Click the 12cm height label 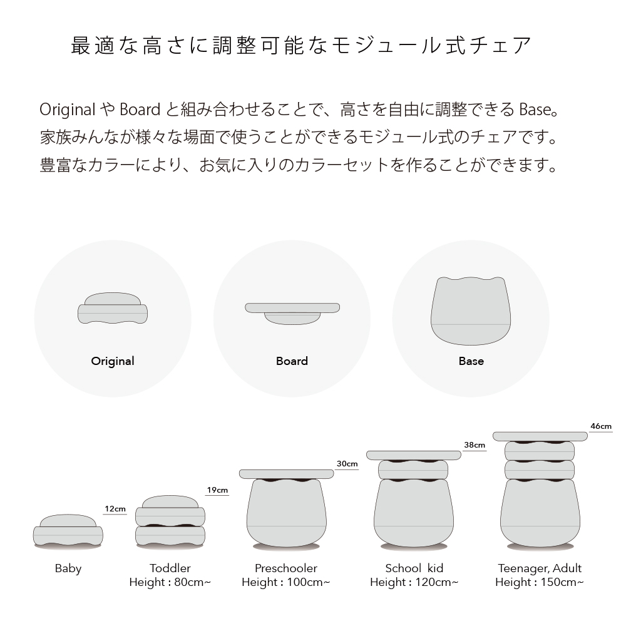coord(115,508)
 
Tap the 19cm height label coord(217,490)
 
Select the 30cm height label coord(347,463)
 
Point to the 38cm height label coord(475,444)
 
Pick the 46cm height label coord(601,426)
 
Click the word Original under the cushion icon coord(113,361)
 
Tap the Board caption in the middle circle coord(292,361)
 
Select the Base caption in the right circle coord(471,361)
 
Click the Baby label coord(68,568)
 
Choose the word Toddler coord(170,568)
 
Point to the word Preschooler coord(286,568)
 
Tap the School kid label coord(414,568)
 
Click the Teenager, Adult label coord(540,568)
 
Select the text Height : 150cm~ coord(540,582)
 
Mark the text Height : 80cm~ coord(170,582)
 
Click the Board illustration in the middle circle coord(292,314)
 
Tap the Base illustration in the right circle coord(471,311)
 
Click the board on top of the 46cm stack coord(540,436)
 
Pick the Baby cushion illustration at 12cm coord(68,530)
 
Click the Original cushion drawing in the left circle coord(113,308)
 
